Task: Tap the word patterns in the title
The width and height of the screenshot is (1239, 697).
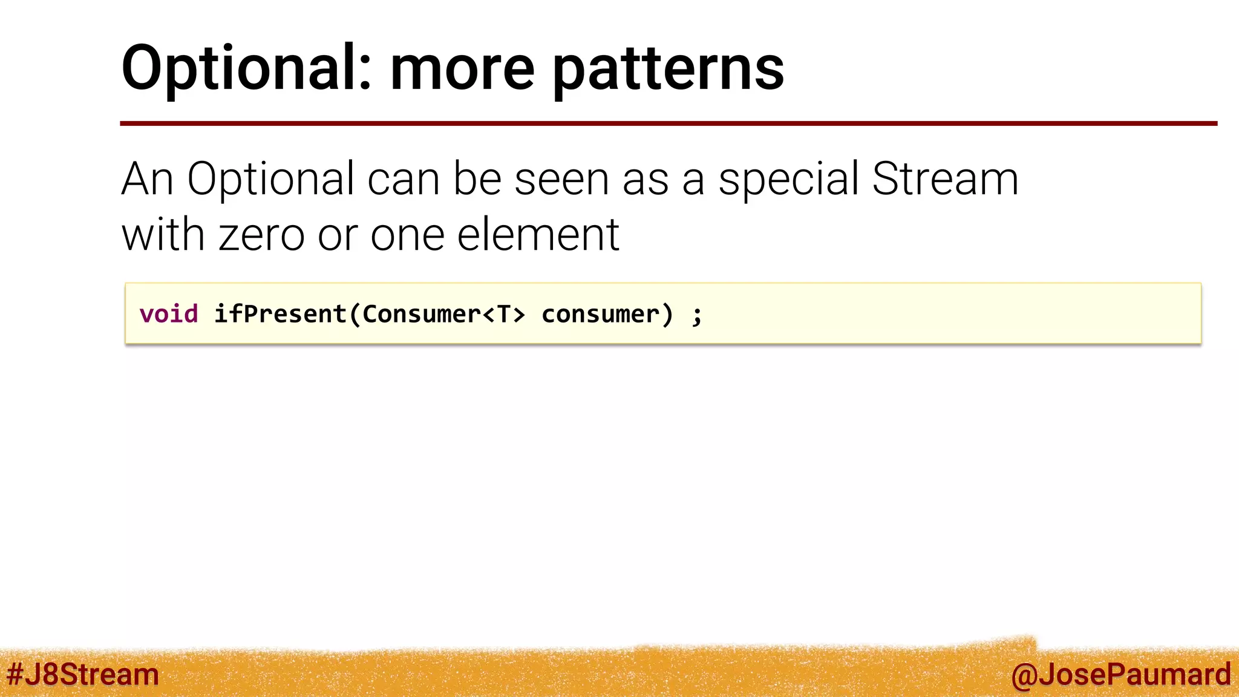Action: (669, 69)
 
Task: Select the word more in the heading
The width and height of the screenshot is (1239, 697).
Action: (462, 69)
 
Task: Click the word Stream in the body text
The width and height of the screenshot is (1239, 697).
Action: (945, 179)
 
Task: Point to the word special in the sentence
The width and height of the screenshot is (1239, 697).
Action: (788, 180)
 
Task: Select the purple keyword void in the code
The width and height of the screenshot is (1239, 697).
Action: (169, 314)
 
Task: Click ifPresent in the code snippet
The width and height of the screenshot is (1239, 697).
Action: (280, 314)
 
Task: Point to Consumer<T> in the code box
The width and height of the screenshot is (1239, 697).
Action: (443, 314)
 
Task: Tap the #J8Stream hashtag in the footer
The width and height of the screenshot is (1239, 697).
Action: (83, 675)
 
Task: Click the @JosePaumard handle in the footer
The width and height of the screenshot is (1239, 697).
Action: (1120, 675)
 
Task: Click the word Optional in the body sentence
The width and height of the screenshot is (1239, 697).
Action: (270, 180)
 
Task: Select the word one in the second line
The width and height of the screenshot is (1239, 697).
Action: (407, 235)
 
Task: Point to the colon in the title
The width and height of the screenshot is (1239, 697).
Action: (364, 75)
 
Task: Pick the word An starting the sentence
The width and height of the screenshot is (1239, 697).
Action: (148, 180)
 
